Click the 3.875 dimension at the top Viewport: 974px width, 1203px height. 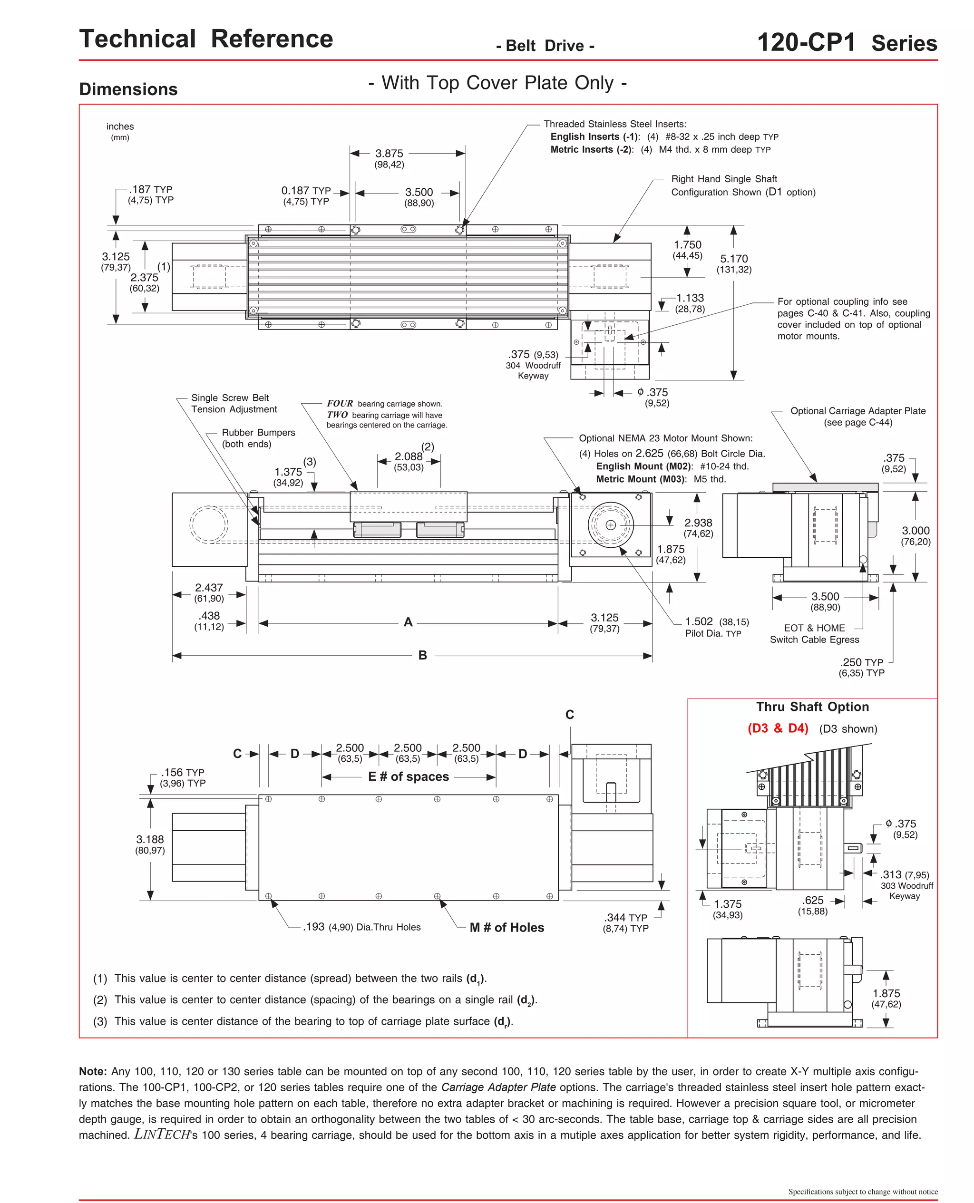click(x=389, y=154)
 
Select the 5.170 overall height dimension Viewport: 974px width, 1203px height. click(x=734, y=259)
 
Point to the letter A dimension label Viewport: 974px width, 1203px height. click(x=408, y=622)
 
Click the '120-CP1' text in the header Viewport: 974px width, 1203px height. click(x=806, y=43)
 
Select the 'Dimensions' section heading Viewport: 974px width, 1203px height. click(x=128, y=89)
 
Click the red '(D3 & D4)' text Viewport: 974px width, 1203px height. click(x=778, y=728)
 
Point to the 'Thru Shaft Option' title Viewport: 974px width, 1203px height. click(x=812, y=707)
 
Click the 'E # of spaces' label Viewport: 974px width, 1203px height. click(x=409, y=777)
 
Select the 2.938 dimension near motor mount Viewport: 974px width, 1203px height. click(x=698, y=523)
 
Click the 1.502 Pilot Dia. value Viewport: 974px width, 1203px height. click(x=699, y=621)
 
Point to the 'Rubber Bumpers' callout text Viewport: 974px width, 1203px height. click(x=258, y=432)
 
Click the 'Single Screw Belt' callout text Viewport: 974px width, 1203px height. click(x=230, y=398)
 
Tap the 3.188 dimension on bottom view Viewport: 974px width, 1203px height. click(x=150, y=840)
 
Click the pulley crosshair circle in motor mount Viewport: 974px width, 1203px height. click(x=611, y=525)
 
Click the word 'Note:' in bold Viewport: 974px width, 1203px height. click(x=93, y=1071)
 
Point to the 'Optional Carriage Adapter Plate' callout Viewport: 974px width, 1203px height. click(x=858, y=411)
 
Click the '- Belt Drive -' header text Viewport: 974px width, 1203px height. click(x=545, y=46)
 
